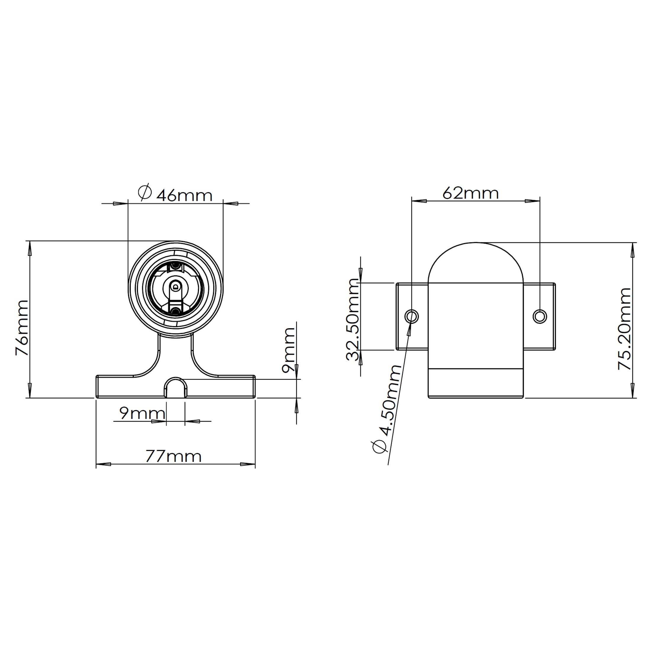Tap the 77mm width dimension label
click(x=173, y=457)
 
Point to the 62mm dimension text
click(x=470, y=193)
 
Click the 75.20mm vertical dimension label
click(x=624, y=329)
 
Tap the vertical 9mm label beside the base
click(x=289, y=350)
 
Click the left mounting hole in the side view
click(x=411, y=316)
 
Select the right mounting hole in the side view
click(x=540, y=316)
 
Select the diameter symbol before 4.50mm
click(x=379, y=447)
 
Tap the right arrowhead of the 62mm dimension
click(x=532, y=201)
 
